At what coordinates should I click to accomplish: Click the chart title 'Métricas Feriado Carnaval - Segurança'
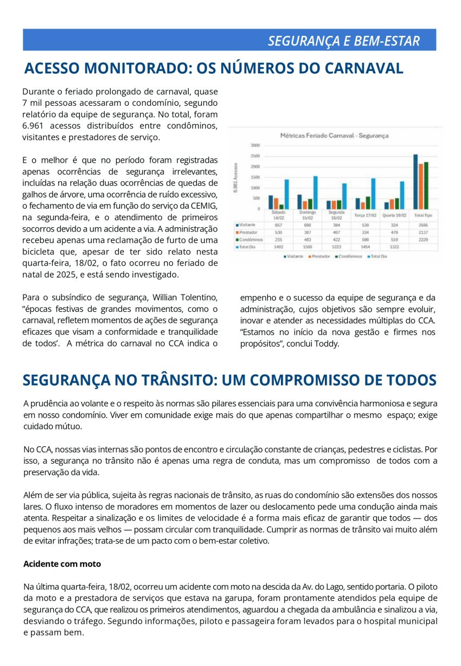click(334, 136)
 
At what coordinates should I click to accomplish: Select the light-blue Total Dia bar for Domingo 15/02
click(315, 192)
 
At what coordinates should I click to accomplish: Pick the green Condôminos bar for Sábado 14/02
click(281, 206)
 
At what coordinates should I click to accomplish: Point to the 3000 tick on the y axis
click(255, 145)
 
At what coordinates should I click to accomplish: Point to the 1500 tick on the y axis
click(255, 177)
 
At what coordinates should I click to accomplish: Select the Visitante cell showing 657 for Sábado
click(278, 224)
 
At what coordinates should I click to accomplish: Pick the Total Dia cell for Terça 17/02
click(365, 246)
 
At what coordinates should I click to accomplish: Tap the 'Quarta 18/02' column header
click(394, 215)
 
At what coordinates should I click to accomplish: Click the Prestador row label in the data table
click(248, 232)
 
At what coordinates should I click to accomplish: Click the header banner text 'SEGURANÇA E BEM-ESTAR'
click(344, 41)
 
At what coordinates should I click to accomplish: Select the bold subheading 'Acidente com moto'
click(62, 563)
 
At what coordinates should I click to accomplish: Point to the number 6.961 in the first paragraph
click(33, 125)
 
